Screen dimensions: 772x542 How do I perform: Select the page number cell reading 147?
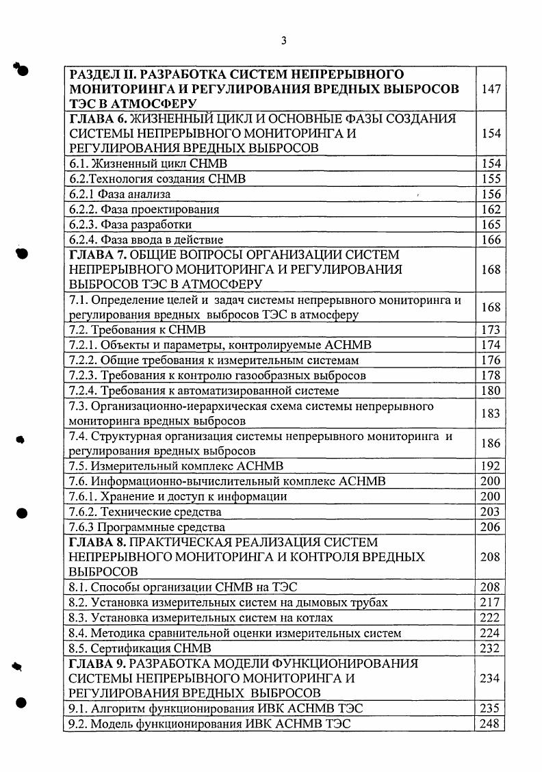click(x=491, y=89)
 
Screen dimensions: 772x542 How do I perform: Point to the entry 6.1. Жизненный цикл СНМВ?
click(x=148, y=164)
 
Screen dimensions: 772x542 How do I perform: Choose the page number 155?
click(x=491, y=179)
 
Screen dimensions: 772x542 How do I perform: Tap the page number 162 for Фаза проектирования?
click(x=491, y=209)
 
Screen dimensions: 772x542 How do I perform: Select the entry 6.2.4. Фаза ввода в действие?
click(x=146, y=240)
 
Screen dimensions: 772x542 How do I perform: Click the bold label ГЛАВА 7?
click(x=97, y=255)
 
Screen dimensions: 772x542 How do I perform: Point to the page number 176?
click(x=491, y=360)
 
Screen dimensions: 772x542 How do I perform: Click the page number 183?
click(x=491, y=413)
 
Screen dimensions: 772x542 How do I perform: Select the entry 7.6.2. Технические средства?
click(x=146, y=512)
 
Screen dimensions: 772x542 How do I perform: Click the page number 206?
click(x=491, y=527)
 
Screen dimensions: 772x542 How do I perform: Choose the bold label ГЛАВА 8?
click(x=97, y=542)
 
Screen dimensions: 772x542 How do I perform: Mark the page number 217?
click(x=491, y=602)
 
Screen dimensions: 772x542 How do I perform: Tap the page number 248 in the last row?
click(x=491, y=723)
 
